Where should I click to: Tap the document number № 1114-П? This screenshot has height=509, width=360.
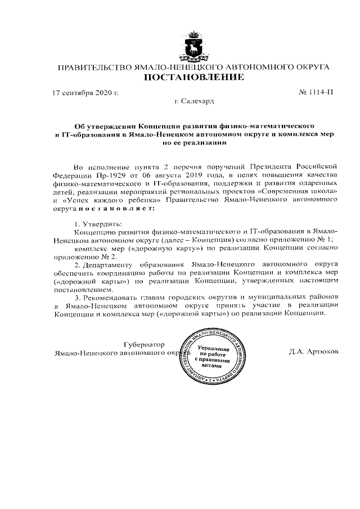click(314, 91)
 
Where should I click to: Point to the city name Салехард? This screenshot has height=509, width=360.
click(198, 101)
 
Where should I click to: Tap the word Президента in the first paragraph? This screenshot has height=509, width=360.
click(268, 166)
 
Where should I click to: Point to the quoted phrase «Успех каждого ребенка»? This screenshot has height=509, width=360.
click(116, 200)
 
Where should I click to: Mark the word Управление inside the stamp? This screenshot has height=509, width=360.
click(214, 348)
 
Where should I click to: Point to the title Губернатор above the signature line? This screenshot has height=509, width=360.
click(142, 344)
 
